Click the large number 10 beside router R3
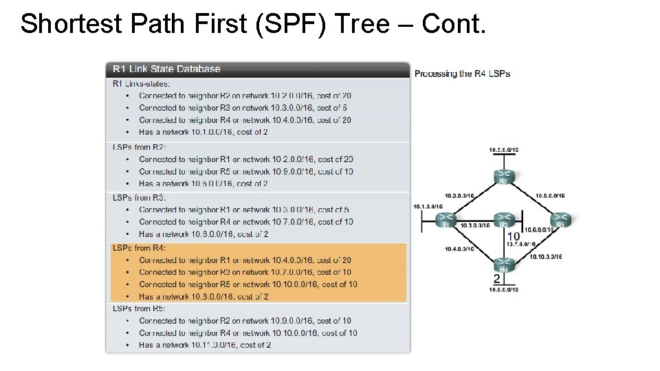pos(514,236)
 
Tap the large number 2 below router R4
pos(497,278)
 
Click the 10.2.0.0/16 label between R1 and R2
pos(459,195)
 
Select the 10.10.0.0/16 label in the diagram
pos(546,257)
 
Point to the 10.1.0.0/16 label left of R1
pos(428,206)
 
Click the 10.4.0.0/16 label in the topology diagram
pos(459,249)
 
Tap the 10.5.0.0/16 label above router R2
pos(503,150)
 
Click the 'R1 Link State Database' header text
pos(166,69)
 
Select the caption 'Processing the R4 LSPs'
pos(462,74)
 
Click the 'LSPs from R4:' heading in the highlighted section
pos(140,248)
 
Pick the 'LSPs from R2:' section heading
pos(140,147)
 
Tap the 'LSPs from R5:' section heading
pos(140,308)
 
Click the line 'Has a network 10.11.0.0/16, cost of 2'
pos(205,345)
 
